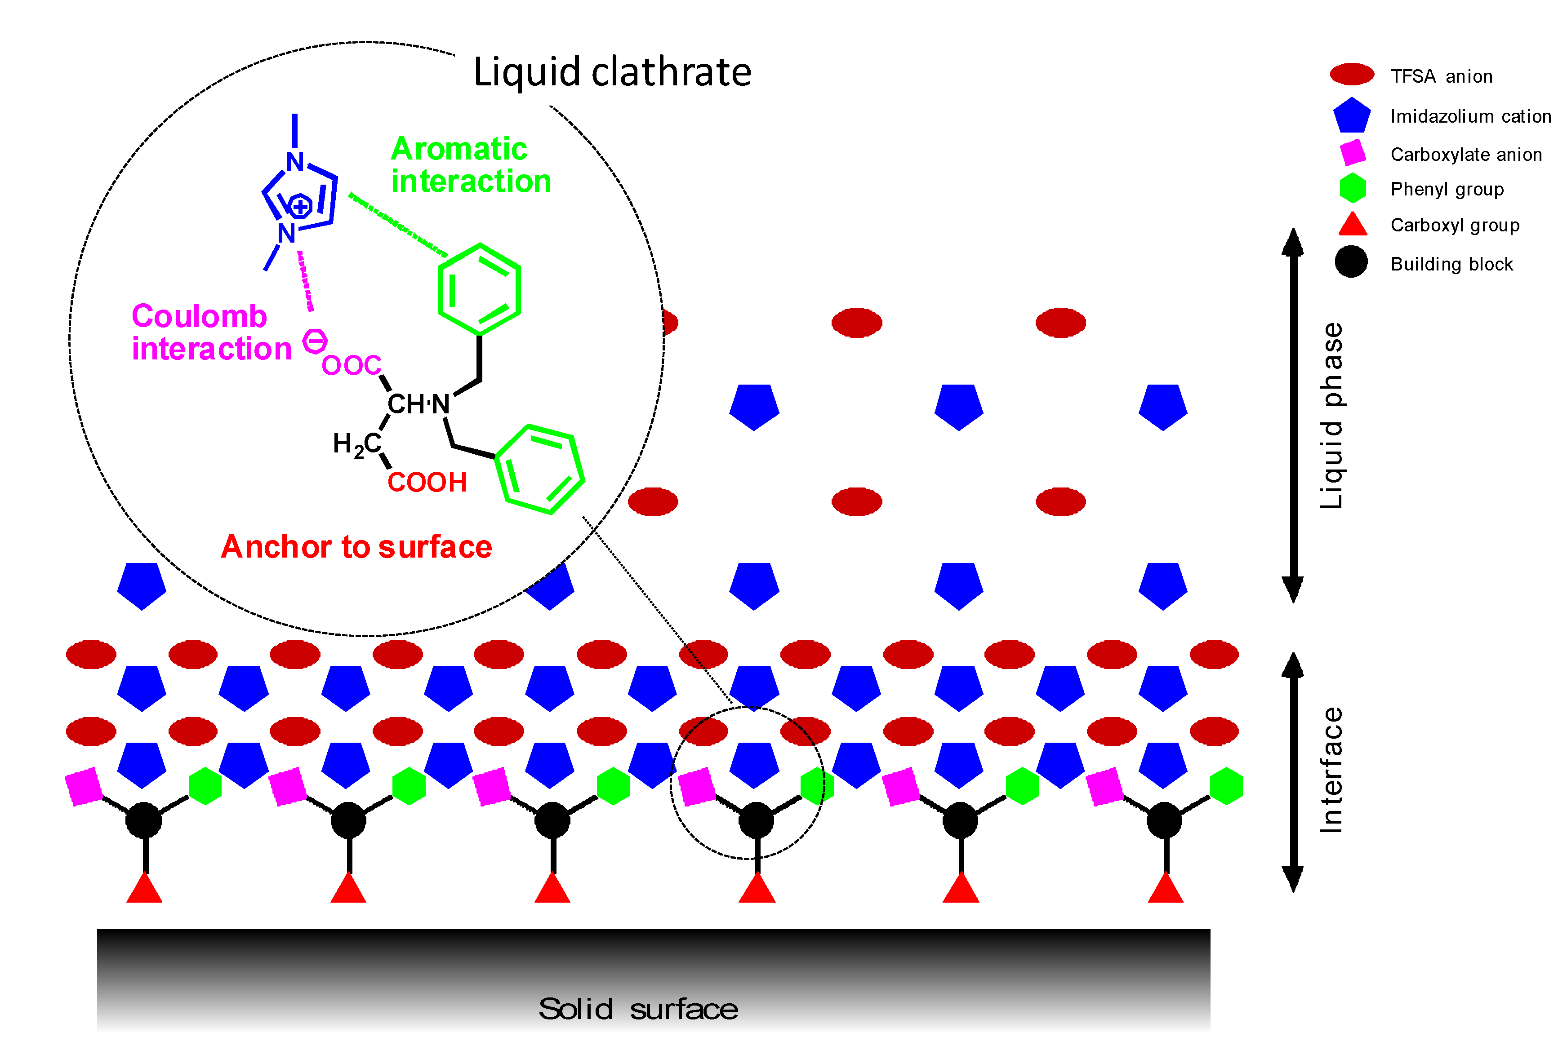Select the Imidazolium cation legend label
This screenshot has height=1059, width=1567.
[x=1470, y=117]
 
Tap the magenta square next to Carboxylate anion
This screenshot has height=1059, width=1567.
[x=1353, y=152]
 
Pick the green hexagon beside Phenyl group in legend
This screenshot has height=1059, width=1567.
[x=1353, y=188]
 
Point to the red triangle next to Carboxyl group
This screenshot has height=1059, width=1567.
[x=1353, y=225]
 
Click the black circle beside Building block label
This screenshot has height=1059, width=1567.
[x=1351, y=261]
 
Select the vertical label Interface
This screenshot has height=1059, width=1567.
[x=1331, y=770]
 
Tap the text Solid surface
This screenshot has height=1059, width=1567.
[x=638, y=1009]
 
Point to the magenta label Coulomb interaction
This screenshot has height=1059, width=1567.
[x=210, y=332]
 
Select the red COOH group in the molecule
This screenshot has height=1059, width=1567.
[x=427, y=483]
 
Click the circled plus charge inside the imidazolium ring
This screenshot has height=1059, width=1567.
[x=300, y=206]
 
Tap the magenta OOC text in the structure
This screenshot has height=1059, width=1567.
[x=352, y=365]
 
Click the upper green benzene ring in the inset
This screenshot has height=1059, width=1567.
[x=479, y=289]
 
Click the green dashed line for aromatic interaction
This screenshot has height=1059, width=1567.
[x=398, y=225]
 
